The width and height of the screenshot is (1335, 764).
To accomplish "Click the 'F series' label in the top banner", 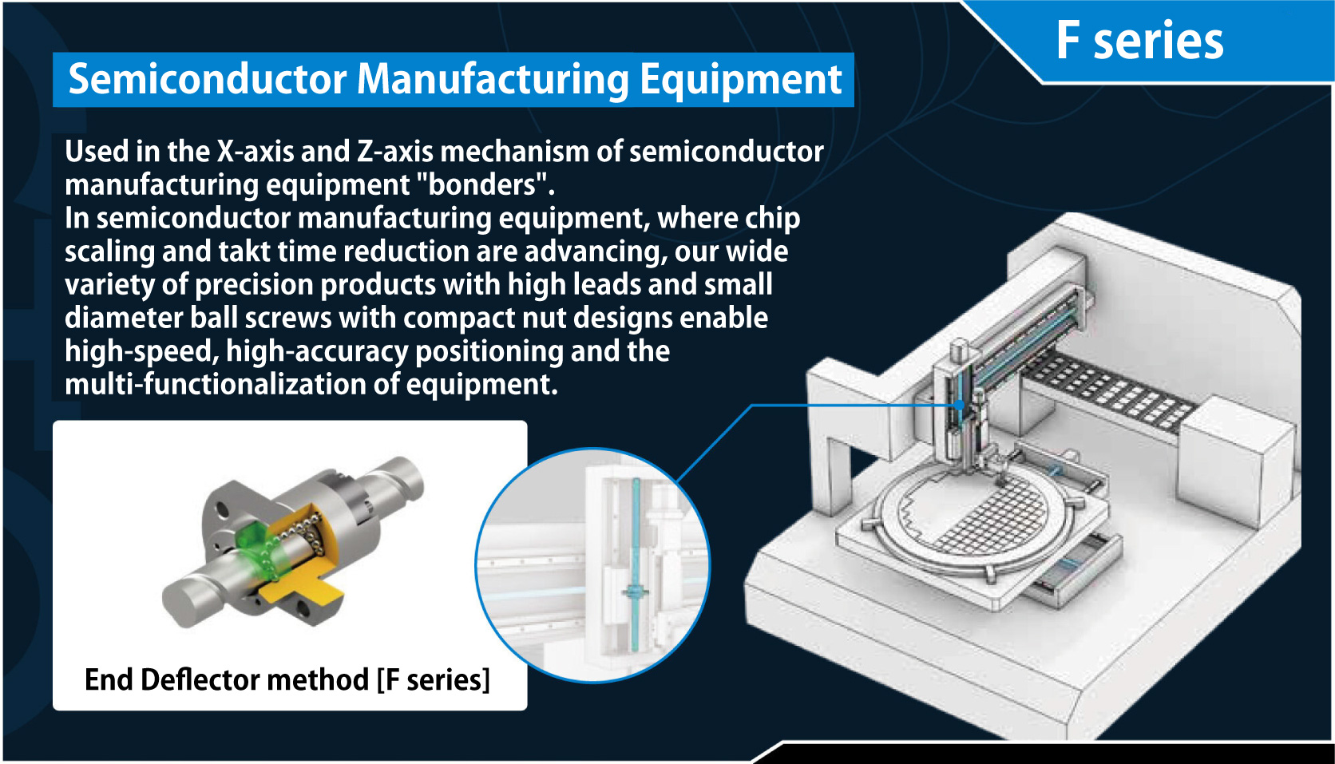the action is [1139, 41].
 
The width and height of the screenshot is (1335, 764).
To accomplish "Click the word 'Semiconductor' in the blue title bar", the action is [208, 79].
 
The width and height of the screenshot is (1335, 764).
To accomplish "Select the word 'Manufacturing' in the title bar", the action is [493, 80].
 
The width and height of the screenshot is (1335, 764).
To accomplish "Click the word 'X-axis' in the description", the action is [255, 152].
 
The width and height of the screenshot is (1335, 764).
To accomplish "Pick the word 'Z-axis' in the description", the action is [395, 152].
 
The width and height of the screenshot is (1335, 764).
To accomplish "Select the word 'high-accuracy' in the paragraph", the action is [317, 351].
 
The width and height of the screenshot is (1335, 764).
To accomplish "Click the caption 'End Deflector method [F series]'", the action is [287, 680].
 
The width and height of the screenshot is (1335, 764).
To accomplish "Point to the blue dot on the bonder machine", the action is [960, 406].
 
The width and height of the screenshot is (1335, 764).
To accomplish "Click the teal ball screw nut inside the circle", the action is [634, 592].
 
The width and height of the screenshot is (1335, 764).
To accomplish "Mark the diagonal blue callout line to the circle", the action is [715, 443].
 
